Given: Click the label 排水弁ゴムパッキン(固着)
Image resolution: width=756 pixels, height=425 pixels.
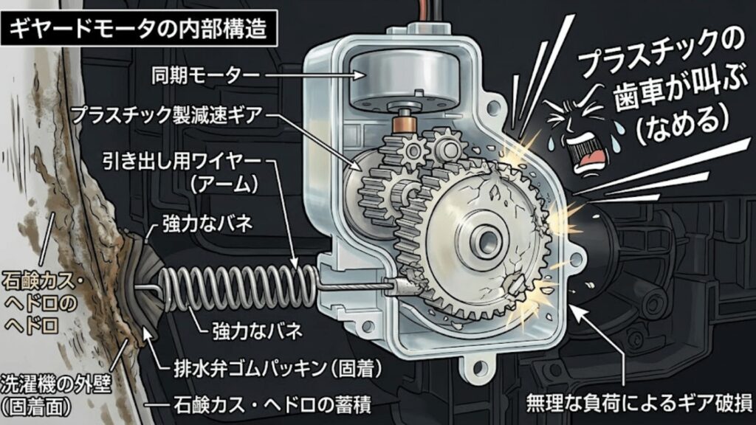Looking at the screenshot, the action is coord(278,370).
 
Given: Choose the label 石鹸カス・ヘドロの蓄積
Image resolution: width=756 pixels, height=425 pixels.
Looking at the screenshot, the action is coord(272,406).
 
